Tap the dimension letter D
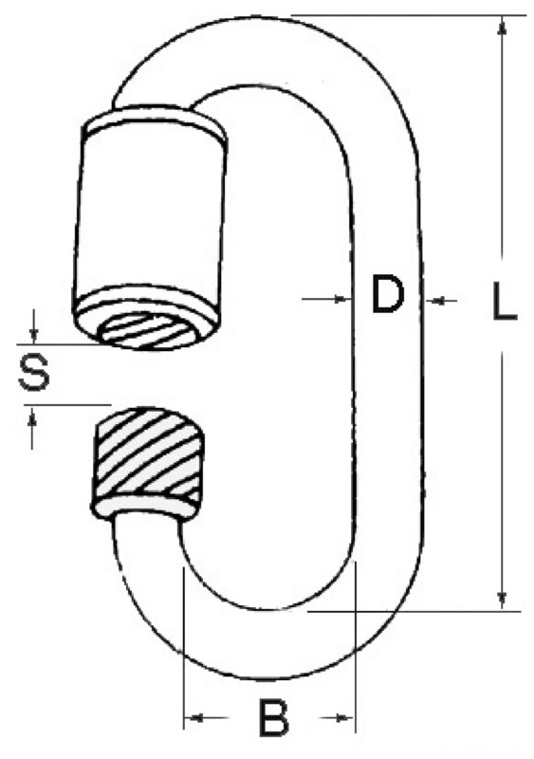387,297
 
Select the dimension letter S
34,374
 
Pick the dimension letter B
272,718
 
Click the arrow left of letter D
336,299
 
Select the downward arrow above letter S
34,333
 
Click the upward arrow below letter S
34,417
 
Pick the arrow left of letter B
194,718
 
